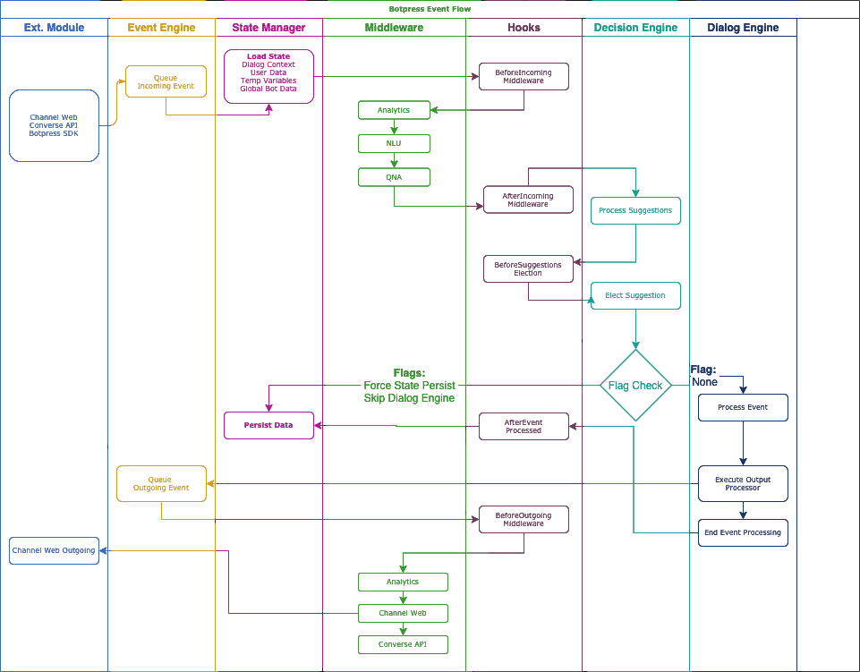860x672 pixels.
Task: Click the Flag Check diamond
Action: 635,386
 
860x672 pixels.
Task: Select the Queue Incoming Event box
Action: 166,82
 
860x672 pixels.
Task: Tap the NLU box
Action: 394,143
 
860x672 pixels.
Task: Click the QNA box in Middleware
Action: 394,177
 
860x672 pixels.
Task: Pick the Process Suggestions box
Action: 635,211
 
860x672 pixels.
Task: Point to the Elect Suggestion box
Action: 635,295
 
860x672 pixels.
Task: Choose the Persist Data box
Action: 268,426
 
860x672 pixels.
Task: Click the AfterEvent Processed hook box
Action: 524,426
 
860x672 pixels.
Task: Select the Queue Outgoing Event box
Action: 161,483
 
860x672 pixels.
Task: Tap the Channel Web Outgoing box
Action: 54,550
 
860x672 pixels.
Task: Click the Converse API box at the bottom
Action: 403,644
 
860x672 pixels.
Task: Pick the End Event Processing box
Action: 743,532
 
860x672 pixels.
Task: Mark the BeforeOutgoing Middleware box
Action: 524,519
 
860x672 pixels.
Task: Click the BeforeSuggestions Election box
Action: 528,268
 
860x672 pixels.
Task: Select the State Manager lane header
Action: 268,28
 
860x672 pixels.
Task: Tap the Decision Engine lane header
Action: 635,28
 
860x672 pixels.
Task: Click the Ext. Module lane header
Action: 54,28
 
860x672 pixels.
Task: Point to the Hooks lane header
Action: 524,28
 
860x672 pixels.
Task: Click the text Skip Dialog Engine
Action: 409,398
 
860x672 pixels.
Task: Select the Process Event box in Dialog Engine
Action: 743,407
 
